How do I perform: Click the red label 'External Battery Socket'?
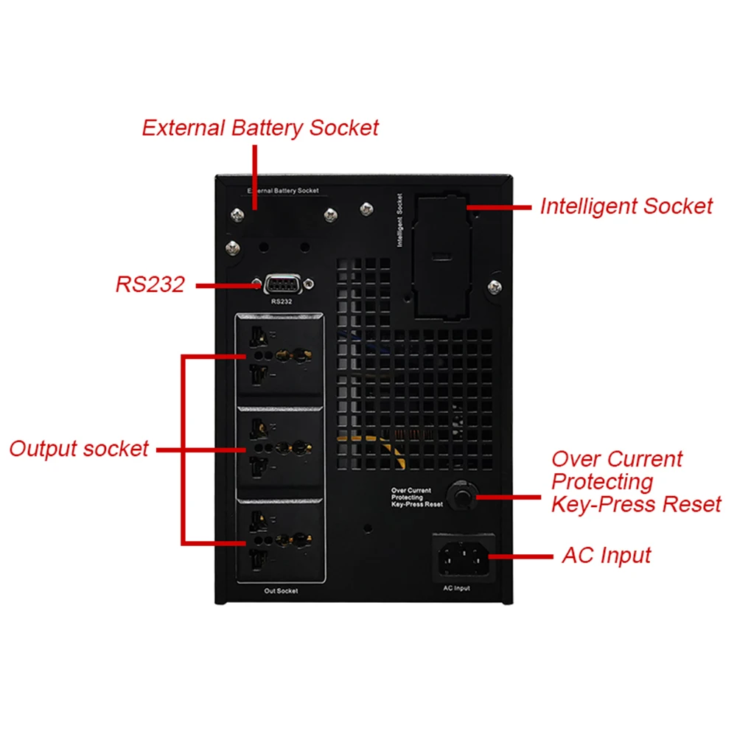259,128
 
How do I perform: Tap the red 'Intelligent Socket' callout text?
626,206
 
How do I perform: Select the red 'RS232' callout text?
150,284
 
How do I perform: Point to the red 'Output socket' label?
79,448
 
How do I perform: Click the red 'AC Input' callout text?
607,555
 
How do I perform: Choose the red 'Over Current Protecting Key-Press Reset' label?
635,482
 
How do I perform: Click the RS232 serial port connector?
284,284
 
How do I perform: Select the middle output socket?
280,447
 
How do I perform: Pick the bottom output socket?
280,538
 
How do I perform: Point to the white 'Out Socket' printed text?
281,591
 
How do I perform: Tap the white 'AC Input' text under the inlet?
456,588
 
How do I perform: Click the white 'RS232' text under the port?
282,301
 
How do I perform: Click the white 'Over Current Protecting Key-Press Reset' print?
416,497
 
